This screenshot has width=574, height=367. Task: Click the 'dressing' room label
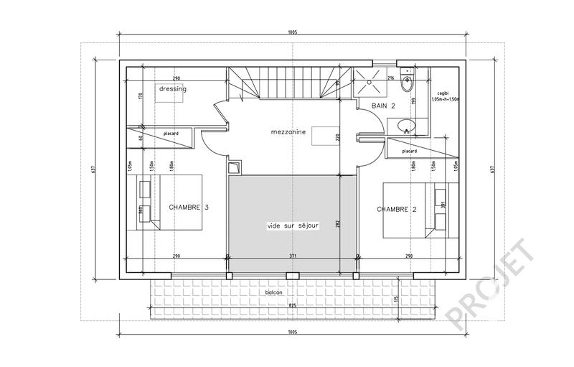pyautogui.click(x=173, y=89)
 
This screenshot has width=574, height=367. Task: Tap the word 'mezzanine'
pyautogui.click(x=289, y=132)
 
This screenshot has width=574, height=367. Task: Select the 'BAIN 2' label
pyautogui.click(x=383, y=106)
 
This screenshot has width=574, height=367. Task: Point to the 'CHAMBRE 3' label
pyautogui.click(x=189, y=207)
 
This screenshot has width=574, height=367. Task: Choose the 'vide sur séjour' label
pyautogui.click(x=292, y=225)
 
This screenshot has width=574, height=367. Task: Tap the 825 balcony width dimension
pyautogui.click(x=292, y=305)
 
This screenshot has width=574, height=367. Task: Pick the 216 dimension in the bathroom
pyautogui.click(x=391, y=77)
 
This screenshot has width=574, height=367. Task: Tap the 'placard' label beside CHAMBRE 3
pyautogui.click(x=170, y=134)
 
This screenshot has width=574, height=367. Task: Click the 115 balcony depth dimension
pyautogui.click(x=395, y=299)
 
